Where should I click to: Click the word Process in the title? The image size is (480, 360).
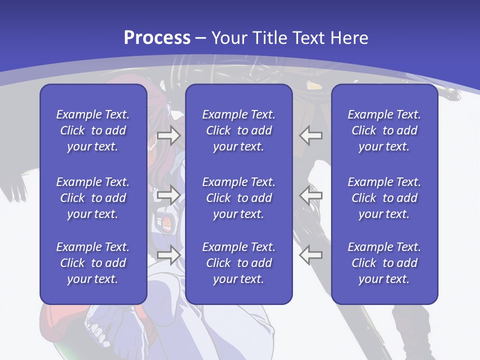pyautogui.click(x=157, y=38)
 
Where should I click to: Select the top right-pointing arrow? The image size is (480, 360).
pyautogui.click(x=168, y=135)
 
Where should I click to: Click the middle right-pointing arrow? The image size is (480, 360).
pyautogui.click(x=168, y=195)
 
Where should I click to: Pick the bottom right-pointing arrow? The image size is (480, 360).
pyautogui.click(x=168, y=254)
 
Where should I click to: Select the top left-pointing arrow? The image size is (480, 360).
pyautogui.click(x=310, y=135)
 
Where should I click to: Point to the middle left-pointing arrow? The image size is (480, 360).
pyautogui.click(x=310, y=195)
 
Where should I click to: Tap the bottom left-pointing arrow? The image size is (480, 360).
pyautogui.click(x=310, y=254)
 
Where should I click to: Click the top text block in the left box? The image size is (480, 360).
pyautogui.click(x=93, y=130)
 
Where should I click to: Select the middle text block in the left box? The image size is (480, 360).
pyautogui.click(x=93, y=198)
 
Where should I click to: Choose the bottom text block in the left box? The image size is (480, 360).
pyautogui.click(x=93, y=263)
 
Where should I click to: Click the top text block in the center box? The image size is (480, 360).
pyautogui.click(x=238, y=130)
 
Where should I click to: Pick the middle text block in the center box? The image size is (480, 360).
pyautogui.click(x=238, y=198)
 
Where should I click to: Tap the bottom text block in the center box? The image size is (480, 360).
pyautogui.click(x=238, y=263)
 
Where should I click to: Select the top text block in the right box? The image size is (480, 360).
pyautogui.click(x=384, y=130)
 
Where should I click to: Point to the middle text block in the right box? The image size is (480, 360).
pyautogui.click(x=384, y=198)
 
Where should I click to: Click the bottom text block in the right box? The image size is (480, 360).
pyautogui.click(x=384, y=263)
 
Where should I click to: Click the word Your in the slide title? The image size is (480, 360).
pyautogui.click(x=228, y=38)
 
